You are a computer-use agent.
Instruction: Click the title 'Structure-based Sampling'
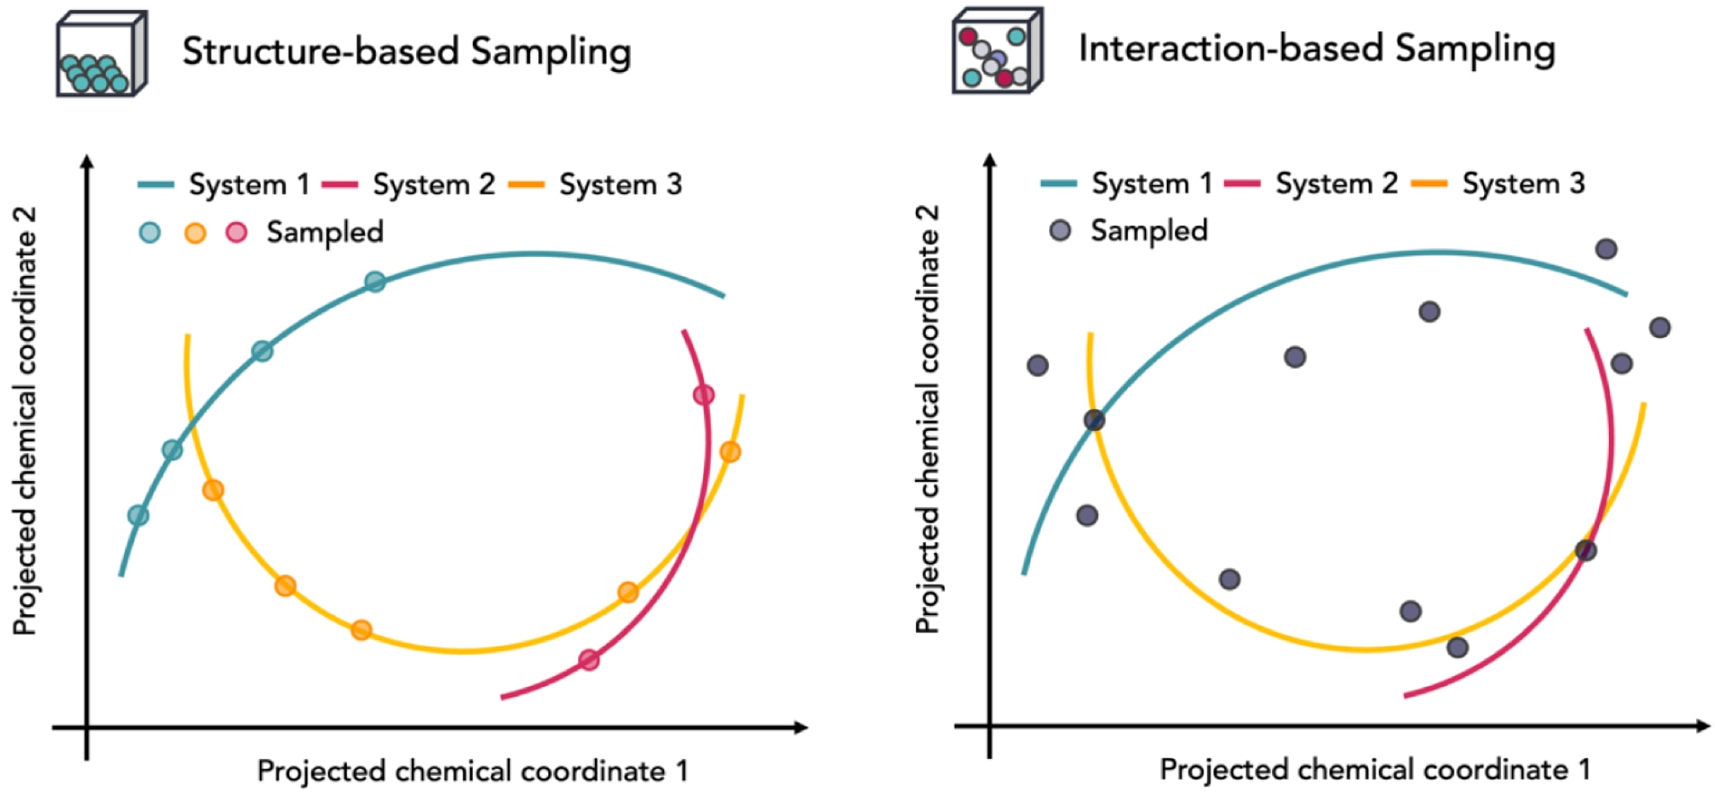406,51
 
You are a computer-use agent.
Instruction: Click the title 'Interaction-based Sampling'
1317,49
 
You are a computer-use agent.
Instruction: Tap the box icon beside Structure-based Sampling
102,54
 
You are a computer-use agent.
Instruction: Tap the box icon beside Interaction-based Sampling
998,50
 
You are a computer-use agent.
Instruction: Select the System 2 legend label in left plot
434,184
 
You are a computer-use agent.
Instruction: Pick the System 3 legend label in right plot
1524,183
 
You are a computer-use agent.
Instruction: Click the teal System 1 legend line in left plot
156,184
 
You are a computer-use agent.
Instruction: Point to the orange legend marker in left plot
195,233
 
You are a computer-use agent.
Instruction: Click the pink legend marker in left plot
236,232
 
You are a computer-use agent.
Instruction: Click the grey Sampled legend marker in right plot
1061,230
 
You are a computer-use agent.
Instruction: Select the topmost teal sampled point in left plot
375,281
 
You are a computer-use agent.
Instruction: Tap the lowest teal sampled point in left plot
138,515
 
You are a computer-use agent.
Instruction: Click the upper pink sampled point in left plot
704,395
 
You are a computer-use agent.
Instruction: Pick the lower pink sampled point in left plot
589,661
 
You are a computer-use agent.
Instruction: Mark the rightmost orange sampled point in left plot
730,451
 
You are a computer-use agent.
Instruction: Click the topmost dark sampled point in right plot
1606,249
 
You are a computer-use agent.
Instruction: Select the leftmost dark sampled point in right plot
1037,365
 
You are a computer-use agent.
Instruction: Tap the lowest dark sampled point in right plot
1458,647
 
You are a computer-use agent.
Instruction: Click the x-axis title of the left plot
473,771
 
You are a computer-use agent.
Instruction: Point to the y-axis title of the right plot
927,419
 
